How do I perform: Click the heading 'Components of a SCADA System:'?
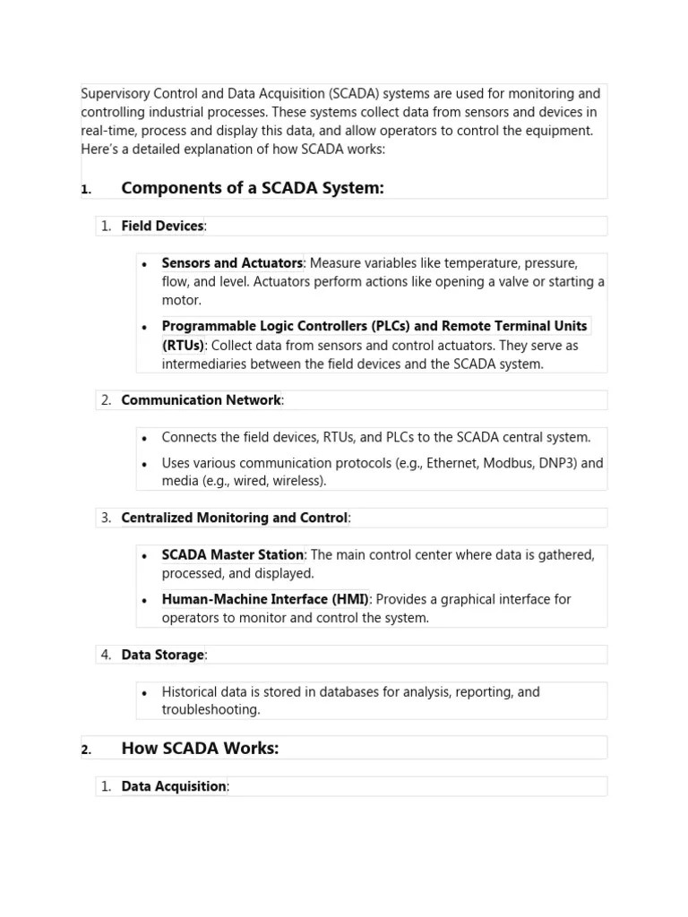pos(252,188)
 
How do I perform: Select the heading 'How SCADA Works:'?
pos(200,748)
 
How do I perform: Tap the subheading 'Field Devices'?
pos(162,226)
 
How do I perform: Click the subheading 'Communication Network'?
pos(201,400)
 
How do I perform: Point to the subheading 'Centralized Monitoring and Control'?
pos(234,518)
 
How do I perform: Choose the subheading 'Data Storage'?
pos(162,655)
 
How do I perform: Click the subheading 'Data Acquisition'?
pos(174,786)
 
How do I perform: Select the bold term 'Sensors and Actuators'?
pos(231,263)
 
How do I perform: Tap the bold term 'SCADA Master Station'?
pos(232,555)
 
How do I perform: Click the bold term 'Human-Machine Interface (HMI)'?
pos(265,599)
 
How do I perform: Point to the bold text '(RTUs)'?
pos(183,346)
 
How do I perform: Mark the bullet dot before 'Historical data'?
pos(145,692)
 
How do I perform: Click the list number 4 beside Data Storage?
pos(106,655)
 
